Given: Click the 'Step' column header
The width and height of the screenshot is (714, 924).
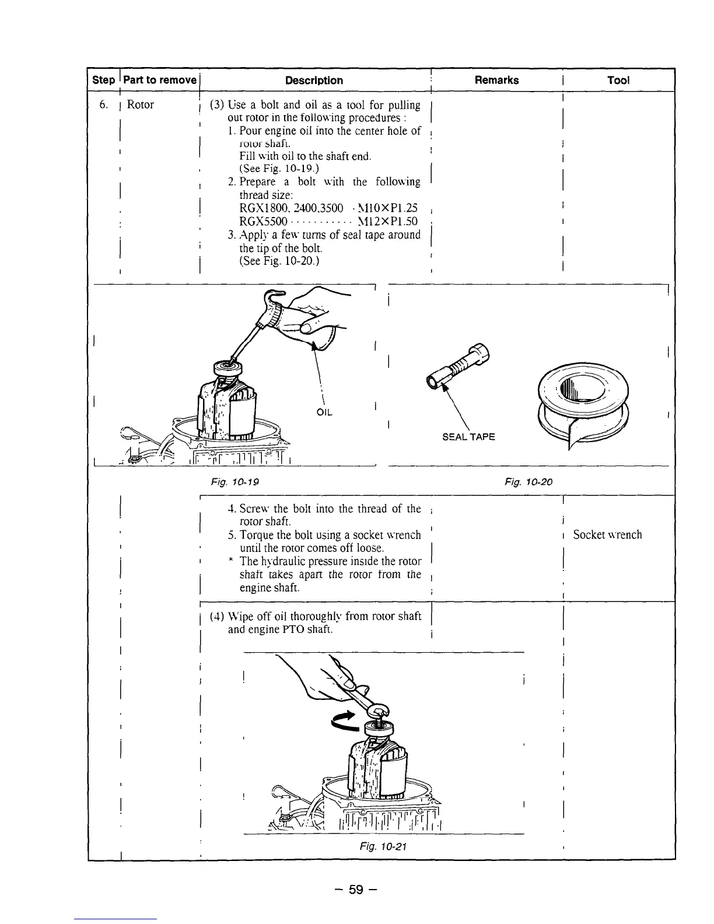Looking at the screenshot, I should [104, 80].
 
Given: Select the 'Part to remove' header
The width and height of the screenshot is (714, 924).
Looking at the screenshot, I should [160, 80].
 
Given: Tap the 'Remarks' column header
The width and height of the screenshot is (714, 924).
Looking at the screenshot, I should [496, 80].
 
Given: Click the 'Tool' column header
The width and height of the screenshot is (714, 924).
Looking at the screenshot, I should [618, 80].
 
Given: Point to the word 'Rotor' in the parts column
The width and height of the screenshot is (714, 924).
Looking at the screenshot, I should [140, 105].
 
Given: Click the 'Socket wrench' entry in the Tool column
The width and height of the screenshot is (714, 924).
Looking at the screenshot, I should [607, 534].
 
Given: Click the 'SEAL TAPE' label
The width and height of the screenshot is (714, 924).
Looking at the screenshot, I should [468, 436].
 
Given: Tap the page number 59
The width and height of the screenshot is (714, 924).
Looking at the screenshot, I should [356, 890].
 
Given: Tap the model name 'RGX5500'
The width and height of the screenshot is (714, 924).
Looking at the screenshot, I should [263, 222].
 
